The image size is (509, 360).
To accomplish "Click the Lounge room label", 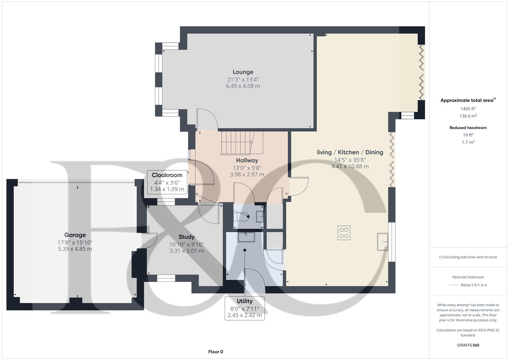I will pos(243,72).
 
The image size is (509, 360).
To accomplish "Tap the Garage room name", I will pos(75,235).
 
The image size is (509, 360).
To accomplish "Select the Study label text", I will pos(186,237).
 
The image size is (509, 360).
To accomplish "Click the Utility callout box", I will pos(245,308).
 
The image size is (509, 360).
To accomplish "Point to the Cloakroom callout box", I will pos(167,182).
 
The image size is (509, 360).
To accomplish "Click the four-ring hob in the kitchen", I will pos(344,233).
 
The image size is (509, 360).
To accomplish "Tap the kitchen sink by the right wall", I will pos(383,242).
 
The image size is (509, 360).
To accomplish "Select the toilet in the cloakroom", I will pos(242,217).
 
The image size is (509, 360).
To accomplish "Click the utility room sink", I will pos(246,237).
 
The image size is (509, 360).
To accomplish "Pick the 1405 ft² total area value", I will pos(468,109).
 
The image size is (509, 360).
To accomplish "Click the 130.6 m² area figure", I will pos(468,116).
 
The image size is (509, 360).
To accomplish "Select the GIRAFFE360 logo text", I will pos(468,345).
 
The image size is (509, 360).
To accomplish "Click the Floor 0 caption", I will pos(216,352).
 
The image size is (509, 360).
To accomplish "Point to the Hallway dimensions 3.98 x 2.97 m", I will pos(247,174).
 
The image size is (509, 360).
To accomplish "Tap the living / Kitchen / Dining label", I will pos(350,152).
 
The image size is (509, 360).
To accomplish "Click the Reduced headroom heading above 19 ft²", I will pos(468,128).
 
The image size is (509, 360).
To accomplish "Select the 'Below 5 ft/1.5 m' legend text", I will pos(474,285).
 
